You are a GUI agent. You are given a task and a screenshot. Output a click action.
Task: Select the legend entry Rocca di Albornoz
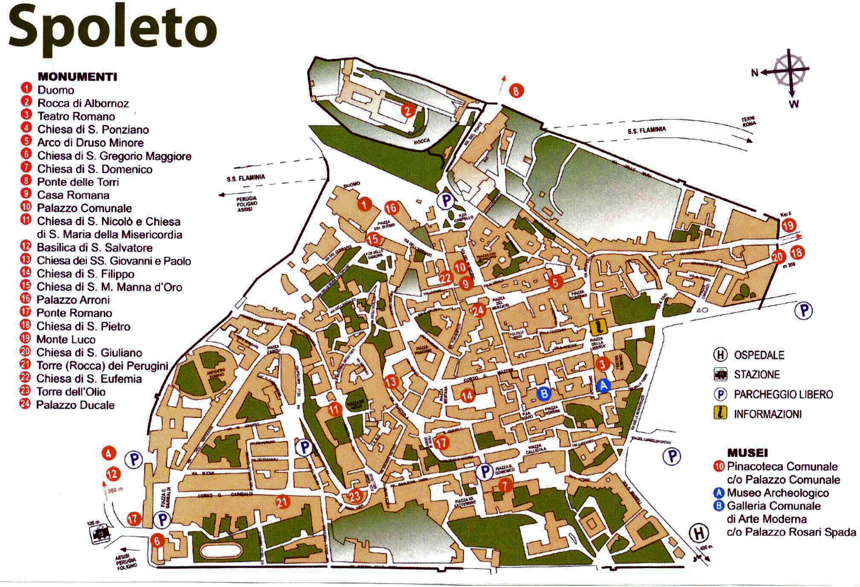83,103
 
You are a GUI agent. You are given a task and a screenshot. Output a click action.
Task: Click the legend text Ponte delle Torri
78,182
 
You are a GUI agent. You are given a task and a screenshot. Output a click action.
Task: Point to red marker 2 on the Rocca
408,111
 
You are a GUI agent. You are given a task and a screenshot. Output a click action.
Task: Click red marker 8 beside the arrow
516,90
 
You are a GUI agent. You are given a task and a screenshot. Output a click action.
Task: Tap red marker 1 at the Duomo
364,204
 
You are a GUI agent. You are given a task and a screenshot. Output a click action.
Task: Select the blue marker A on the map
603,385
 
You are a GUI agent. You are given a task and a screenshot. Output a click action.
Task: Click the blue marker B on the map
543,393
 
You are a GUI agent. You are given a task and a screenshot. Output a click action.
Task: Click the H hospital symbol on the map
698,533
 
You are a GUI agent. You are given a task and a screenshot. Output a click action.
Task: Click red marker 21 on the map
282,502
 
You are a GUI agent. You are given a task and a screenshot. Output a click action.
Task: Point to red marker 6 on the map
157,541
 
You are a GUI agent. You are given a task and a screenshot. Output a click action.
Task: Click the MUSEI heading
747,453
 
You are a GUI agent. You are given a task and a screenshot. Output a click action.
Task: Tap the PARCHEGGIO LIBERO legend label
783,394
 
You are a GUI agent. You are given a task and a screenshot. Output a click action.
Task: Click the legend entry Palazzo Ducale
76,405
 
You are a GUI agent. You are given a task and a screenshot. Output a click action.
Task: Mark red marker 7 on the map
505,485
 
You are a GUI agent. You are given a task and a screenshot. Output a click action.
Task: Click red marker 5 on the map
555,282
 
